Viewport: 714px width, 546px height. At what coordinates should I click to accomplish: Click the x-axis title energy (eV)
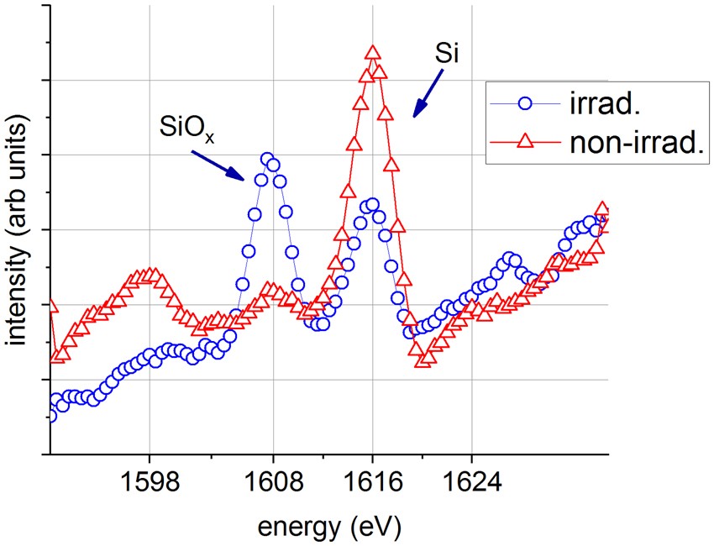(328, 527)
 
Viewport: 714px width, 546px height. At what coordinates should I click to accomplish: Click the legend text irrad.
(588, 104)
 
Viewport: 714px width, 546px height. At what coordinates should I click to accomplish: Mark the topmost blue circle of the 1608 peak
(267, 159)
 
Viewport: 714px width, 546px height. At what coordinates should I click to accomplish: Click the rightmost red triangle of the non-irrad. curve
(601, 208)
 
